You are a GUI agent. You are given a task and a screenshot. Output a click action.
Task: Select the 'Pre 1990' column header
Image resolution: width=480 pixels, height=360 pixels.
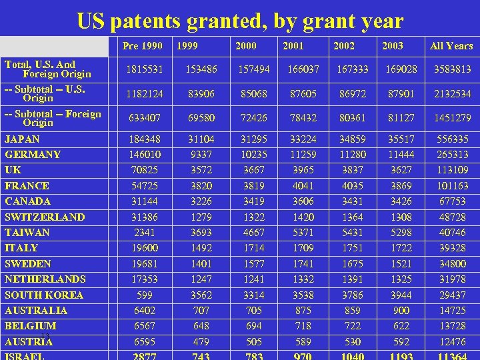click(143, 46)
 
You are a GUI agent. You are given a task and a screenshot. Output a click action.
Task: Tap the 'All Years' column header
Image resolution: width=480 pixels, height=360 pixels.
click(451, 46)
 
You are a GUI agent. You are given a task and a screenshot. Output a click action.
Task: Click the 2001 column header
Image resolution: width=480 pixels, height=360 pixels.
click(293, 46)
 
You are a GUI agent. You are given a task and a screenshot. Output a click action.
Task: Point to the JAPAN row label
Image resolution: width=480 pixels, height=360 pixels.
click(22, 139)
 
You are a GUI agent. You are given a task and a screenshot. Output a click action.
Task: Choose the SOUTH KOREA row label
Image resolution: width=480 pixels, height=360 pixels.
click(44, 295)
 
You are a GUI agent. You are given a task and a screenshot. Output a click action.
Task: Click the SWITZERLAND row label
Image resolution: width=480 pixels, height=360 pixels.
click(45, 217)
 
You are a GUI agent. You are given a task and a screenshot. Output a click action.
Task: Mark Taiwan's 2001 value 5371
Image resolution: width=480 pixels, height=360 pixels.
click(303, 233)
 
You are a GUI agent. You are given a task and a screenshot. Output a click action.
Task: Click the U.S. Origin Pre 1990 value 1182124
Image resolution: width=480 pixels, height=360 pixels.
click(145, 94)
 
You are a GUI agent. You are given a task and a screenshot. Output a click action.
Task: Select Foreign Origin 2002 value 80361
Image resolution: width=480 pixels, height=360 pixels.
click(352, 118)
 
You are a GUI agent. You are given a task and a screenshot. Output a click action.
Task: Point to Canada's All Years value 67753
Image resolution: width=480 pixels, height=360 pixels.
click(453, 201)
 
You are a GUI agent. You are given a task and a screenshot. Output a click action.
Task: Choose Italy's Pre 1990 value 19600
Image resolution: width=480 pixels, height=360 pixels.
click(145, 248)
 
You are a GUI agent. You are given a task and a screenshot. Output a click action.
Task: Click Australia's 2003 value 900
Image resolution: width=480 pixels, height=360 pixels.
click(401, 310)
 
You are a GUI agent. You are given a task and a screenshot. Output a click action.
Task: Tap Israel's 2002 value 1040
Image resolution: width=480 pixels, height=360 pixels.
click(352, 356)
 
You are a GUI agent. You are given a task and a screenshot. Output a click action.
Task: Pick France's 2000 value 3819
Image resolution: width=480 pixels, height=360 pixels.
click(253, 186)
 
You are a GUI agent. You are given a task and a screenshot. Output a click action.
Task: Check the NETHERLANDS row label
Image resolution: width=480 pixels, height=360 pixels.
click(45, 279)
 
